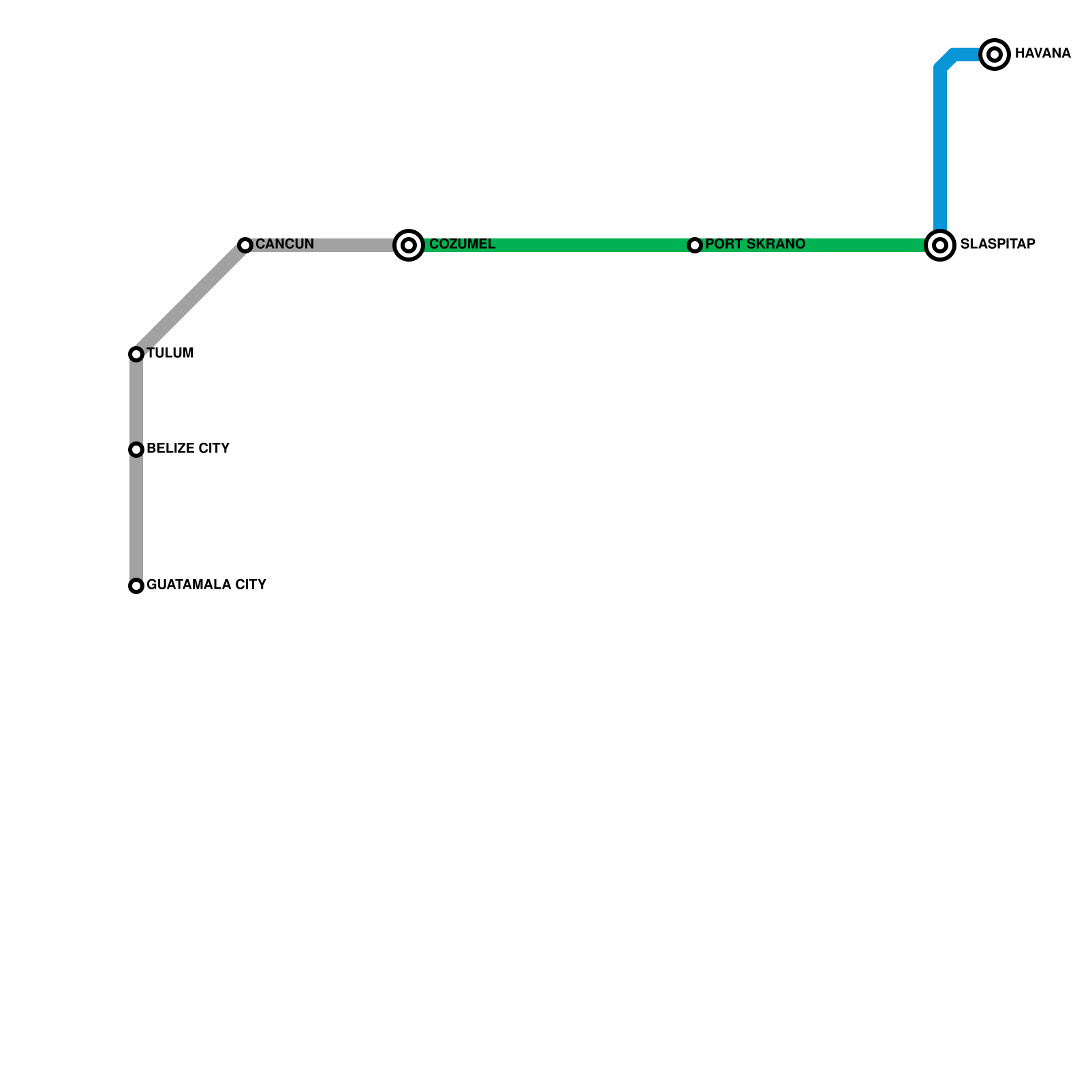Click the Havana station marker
(x=995, y=54)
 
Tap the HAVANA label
(x=1042, y=54)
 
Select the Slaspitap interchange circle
(x=940, y=245)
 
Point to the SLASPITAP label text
(x=997, y=245)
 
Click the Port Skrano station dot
(x=695, y=245)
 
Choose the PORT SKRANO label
(x=755, y=245)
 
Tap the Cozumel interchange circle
(x=409, y=245)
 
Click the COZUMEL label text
(x=462, y=245)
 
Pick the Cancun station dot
(x=245, y=245)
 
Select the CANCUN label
(x=285, y=245)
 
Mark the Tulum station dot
(x=136, y=354)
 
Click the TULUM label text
(x=170, y=354)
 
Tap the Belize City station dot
(x=136, y=449)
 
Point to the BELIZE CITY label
(x=188, y=449)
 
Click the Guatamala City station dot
(x=136, y=585)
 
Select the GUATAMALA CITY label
(x=206, y=585)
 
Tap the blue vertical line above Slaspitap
(x=940, y=150)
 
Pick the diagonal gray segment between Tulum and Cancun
(x=191, y=299)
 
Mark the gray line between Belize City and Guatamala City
(x=136, y=518)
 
